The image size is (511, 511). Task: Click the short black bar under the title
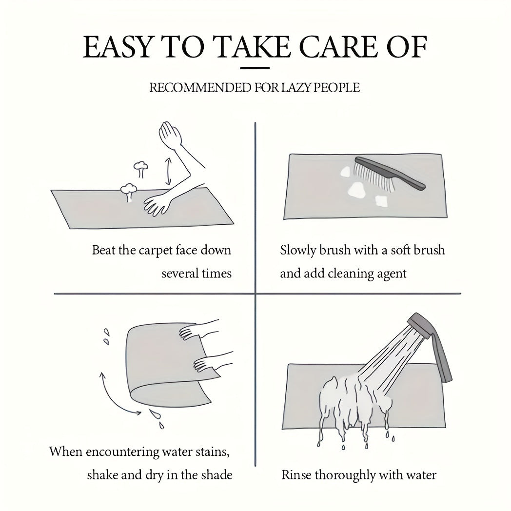pos(255,68)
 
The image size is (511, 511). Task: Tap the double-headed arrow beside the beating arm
pos(169,172)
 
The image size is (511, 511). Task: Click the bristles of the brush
pos(373,176)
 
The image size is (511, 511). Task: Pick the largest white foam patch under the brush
pos(357,190)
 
